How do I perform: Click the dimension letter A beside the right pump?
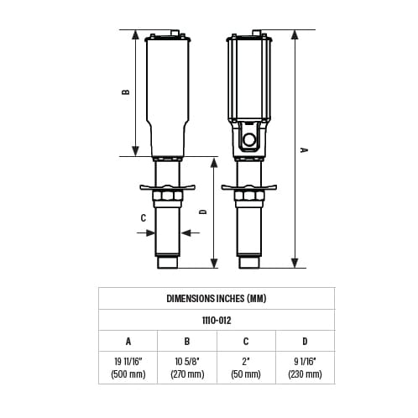pyautogui.click(x=304, y=150)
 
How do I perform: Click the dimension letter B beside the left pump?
pyautogui.click(x=126, y=92)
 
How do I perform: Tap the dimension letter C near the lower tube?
pyautogui.click(x=144, y=218)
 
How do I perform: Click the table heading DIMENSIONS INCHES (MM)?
pyautogui.click(x=217, y=299)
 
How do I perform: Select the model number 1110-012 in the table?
pyautogui.click(x=217, y=321)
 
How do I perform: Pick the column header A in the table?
pyautogui.click(x=128, y=342)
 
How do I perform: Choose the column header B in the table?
pyautogui.click(x=187, y=342)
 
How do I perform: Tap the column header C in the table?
pyautogui.click(x=246, y=342)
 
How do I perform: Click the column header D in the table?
pyautogui.click(x=305, y=342)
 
